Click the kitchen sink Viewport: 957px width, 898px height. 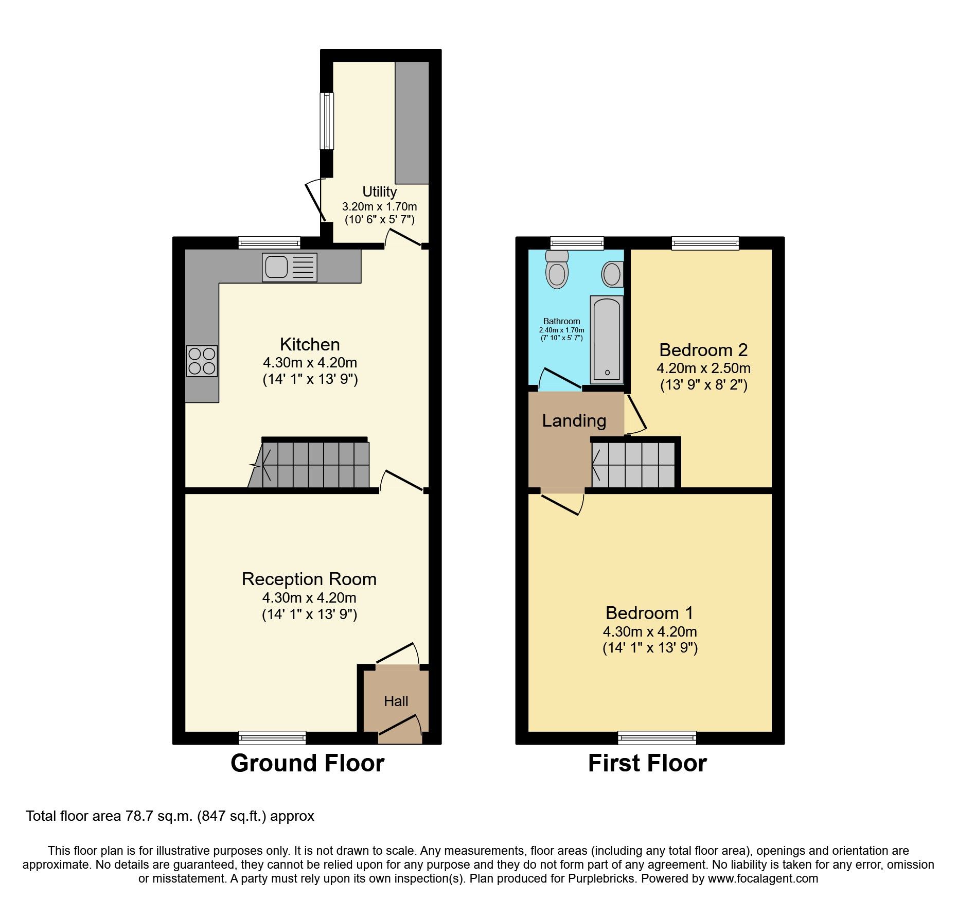[289, 267]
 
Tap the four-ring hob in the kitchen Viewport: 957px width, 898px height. [202, 361]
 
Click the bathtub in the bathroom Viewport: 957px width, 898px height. [607, 340]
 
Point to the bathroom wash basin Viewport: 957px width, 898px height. [612, 274]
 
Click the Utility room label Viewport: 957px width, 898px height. [379, 192]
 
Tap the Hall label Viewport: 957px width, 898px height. [396, 701]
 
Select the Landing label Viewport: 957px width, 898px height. [574, 420]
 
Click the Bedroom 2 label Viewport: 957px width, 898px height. [703, 350]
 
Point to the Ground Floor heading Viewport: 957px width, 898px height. [307, 763]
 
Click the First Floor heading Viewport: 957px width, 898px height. [647, 763]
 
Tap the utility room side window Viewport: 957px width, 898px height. [327, 121]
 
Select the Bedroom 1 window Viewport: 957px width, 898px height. [657, 738]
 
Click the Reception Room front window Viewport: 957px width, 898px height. [272, 738]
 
